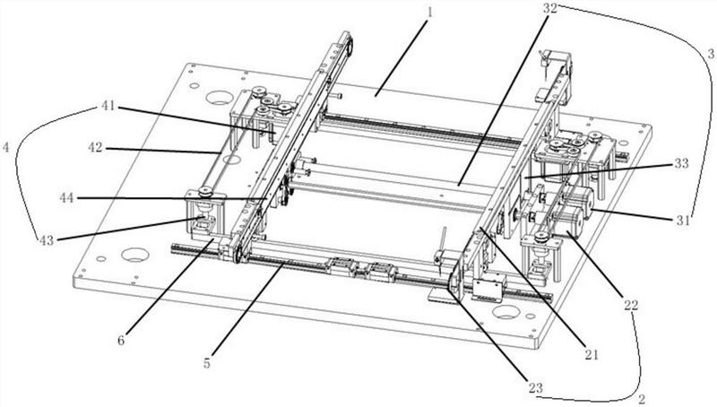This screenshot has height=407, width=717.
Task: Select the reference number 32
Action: click(550, 8)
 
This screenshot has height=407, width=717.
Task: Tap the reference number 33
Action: click(681, 163)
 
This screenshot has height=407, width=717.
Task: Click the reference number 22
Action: click(631, 305)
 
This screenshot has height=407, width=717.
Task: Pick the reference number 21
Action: click(591, 354)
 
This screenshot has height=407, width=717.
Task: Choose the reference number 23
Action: click(535, 388)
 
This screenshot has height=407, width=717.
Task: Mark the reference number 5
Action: click(207, 364)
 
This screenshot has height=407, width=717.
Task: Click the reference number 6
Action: click(121, 341)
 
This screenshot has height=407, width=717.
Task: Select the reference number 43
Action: click(47, 240)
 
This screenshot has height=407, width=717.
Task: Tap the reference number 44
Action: click(67, 198)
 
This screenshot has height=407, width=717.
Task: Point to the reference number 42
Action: click(96, 148)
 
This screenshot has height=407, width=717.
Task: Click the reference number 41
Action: click(108, 106)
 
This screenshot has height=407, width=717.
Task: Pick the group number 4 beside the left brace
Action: click(5, 147)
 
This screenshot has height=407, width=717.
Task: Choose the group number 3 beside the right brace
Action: click(711, 54)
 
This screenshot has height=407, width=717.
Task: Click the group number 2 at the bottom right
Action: click(642, 399)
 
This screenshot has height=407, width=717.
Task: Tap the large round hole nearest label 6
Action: click(135, 255)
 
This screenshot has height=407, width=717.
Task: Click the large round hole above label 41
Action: click(220, 97)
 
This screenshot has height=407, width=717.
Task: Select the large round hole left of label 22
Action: click(505, 312)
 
